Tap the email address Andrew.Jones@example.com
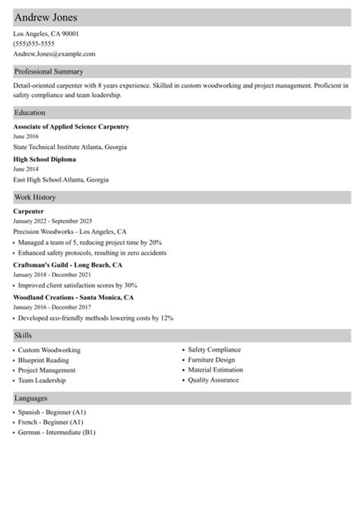pos(54,54)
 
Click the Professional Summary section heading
pos(49,71)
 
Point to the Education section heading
pos(30,112)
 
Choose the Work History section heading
pos(35,198)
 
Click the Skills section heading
pos(23,335)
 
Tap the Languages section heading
pos(31,398)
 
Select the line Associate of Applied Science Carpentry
pos(71,126)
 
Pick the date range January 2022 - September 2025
pos(52,220)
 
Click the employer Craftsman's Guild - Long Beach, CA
pos(68,265)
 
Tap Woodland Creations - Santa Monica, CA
pos(74,297)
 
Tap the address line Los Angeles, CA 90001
pos(46,34)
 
